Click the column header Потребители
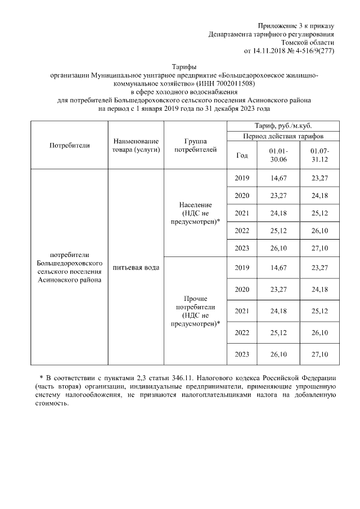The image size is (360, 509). (x=70, y=145)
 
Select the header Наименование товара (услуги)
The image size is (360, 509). (x=136, y=145)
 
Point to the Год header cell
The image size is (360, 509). (x=242, y=156)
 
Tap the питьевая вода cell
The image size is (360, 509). (x=136, y=267)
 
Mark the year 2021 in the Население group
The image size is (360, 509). (x=242, y=213)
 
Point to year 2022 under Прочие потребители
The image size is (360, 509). (x=242, y=332)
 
